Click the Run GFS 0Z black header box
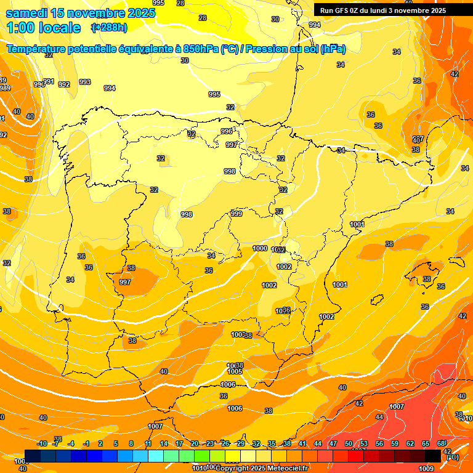coord(392,10)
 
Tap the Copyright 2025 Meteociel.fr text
coord(261,468)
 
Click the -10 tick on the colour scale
coord(42,444)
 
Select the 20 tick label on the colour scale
coord(194,444)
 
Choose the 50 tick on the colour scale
coord(349,444)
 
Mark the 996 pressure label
coord(227,131)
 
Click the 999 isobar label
coord(236,214)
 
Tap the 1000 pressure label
coord(260,248)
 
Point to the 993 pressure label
coord(85,82)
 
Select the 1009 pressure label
coord(426,468)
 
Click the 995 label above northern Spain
coord(214,94)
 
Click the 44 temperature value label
coord(379,417)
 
